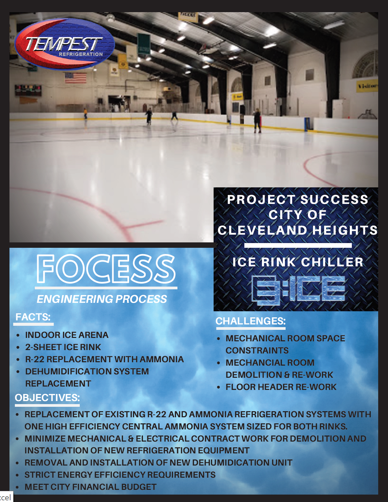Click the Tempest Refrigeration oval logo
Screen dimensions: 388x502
pyautogui.click(x=65, y=44)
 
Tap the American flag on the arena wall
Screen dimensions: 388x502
pyautogui.click(x=76, y=78)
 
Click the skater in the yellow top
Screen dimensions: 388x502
pyautogui.click(x=86, y=113)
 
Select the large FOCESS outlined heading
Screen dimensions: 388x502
pyautogui.click(x=106, y=269)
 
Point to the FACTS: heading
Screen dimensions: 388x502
pyautogui.click(x=33, y=317)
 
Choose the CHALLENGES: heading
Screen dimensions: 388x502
pyautogui.click(x=251, y=321)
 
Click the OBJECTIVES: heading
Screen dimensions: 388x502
pyautogui.click(x=47, y=398)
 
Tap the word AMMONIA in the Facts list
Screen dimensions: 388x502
pyautogui.click(x=162, y=359)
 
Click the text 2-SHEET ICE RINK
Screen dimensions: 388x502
pyautogui.click(x=63, y=347)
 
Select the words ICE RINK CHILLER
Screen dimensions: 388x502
pyautogui.click(x=298, y=262)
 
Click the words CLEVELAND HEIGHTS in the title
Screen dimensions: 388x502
pyautogui.click(x=297, y=230)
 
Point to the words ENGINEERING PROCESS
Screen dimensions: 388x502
pyautogui.click(x=102, y=299)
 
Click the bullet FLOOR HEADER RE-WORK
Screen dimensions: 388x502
pyautogui.click(x=281, y=387)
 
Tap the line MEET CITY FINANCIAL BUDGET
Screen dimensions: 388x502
pyautogui.click(x=91, y=487)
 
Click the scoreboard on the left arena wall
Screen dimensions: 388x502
pyautogui.click(x=28, y=90)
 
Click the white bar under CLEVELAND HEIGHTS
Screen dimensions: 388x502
pyautogui.click(x=298, y=245)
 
